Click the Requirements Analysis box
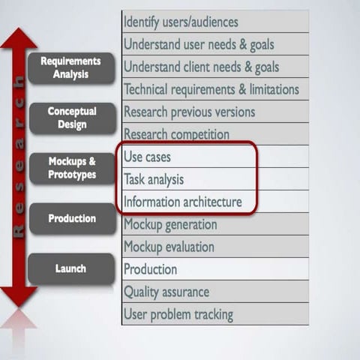tap(70, 67)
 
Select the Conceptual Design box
tap(72, 118)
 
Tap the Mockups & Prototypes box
tap(72, 168)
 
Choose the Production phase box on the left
tap(72, 218)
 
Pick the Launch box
tap(70, 268)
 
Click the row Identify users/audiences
tap(214, 22)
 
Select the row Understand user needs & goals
tap(214, 44)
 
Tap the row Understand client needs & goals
tap(214, 67)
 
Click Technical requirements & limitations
tap(214, 89)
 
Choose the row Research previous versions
tap(214, 112)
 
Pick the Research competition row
tap(214, 134)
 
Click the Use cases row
tap(187, 157)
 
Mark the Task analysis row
tap(187, 179)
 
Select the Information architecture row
tap(187, 202)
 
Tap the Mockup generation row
tap(214, 224)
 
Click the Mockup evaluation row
tap(214, 247)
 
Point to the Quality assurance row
tap(214, 292)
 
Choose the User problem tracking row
tap(214, 314)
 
